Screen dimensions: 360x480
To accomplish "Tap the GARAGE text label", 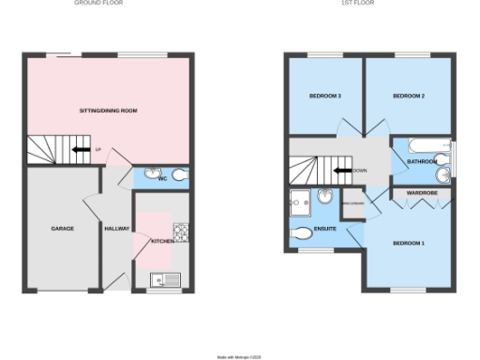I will tap(62, 228).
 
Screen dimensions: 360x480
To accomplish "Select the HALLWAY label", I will tap(116, 228).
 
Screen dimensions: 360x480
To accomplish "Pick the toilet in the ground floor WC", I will tap(179, 175).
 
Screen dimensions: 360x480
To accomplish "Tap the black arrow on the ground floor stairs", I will tap(82, 149).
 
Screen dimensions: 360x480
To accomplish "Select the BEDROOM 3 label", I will tap(324, 97).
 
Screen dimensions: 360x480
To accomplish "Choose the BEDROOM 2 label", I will tap(410, 97).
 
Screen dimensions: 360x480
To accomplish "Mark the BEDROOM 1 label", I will tap(409, 243).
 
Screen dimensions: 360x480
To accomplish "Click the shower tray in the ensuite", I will tap(303, 200).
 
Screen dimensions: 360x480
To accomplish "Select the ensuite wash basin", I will tap(324, 196).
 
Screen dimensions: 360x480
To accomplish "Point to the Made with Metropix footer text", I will tap(239, 356).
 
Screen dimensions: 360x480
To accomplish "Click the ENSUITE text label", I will tap(324, 229).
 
